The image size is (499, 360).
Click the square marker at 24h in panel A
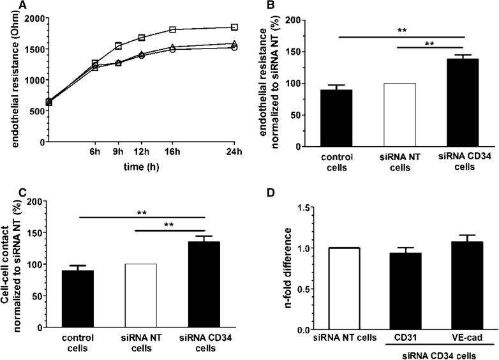pos(234,27)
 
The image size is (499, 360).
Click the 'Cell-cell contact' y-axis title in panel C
pos(10,264)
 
